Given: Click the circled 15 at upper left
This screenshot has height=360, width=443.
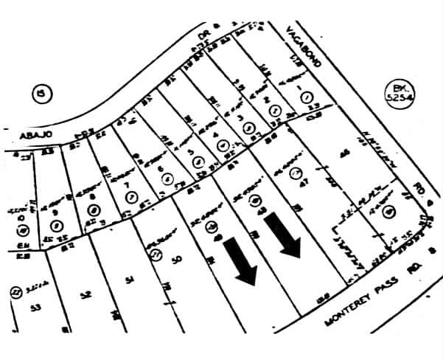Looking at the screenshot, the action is (x=41, y=94).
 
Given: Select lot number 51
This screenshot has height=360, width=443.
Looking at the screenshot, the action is (x=130, y=280).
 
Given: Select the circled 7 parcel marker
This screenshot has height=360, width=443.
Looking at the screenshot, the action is (x=131, y=195).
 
